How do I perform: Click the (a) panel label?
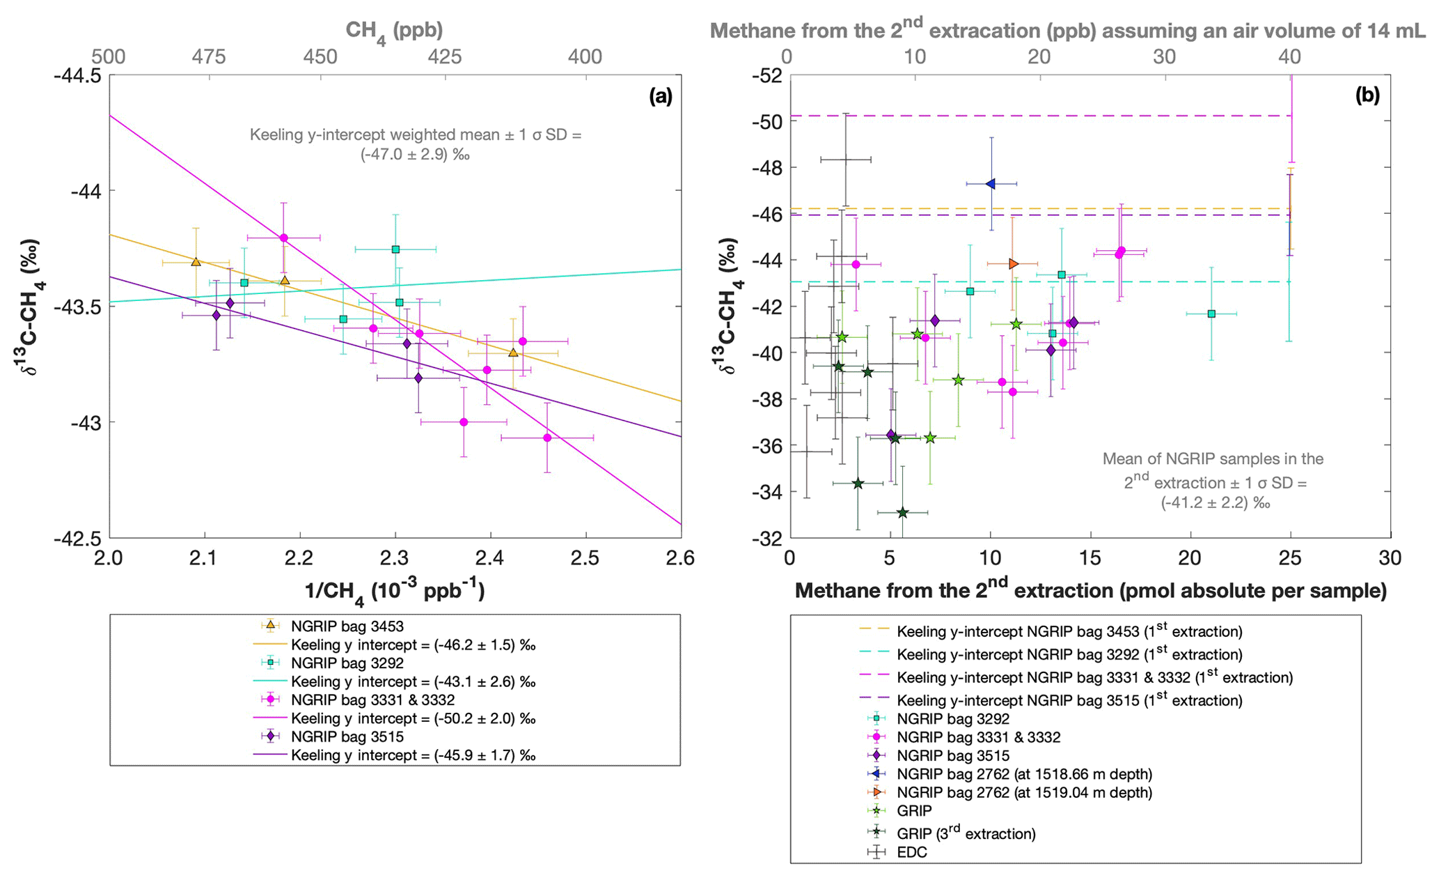660,97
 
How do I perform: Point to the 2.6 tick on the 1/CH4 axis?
680,558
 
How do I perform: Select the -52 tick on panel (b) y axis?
765,75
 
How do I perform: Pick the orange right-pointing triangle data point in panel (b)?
1013,264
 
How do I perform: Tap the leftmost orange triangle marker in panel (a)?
196,262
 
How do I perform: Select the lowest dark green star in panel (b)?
902,513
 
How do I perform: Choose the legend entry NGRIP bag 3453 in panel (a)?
347,626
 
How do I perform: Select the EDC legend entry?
911,852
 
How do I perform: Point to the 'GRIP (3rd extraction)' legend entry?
966,833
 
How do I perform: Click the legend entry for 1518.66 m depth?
1024,774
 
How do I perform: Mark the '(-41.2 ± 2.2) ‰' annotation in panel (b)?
1215,502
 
